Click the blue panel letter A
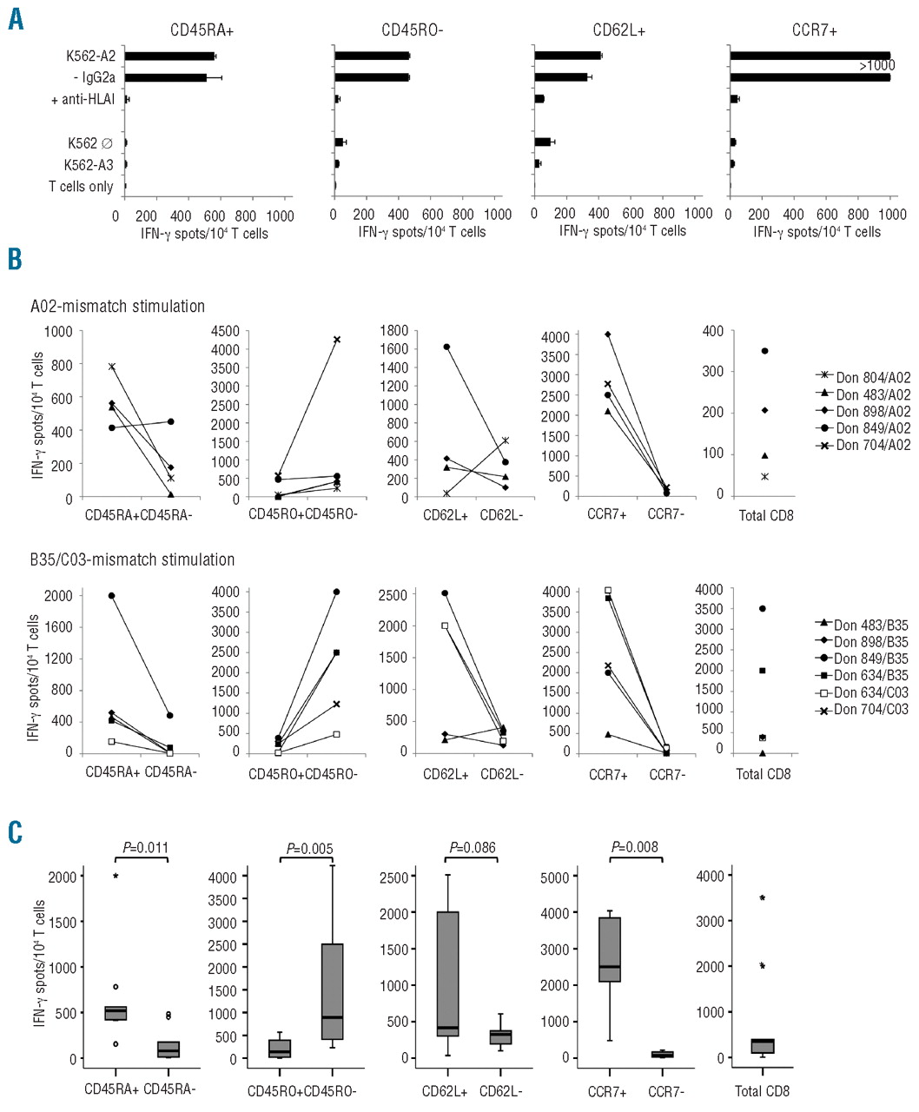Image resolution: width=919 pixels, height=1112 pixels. [x=17, y=18]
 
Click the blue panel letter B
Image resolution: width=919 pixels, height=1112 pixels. [x=15, y=259]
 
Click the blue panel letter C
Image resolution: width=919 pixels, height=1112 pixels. [x=15, y=831]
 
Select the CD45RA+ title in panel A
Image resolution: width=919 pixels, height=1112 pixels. [x=202, y=30]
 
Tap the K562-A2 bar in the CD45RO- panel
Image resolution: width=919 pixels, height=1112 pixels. [x=372, y=56]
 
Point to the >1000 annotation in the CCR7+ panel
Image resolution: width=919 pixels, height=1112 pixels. [x=876, y=66]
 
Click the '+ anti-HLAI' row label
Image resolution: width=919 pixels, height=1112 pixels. [x=83, y=100]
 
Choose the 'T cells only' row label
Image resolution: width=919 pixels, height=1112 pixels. [x=81, y=186]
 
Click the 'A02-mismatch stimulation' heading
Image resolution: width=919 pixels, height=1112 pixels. [x=118, y=306]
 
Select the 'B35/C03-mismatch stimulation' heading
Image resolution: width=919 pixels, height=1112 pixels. [x=133, y=559]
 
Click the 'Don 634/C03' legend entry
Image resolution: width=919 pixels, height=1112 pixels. [x=862, y=692]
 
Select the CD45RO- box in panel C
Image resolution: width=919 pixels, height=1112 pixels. [x=332, y=990]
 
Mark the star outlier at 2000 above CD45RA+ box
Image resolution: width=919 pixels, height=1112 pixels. [x=116, y=876]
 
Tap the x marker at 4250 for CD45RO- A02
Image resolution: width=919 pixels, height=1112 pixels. [x=336, y=340]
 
